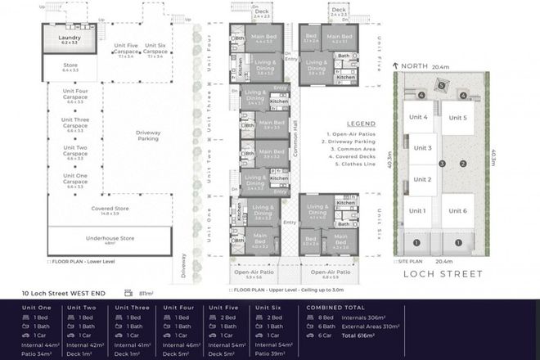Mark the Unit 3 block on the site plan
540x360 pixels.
pyautogui.click(x=422, y=149)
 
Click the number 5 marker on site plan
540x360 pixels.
pyautogui.click(x=442, y=84)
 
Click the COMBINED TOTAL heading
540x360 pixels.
pyautogui.click(x=335, y=308)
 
